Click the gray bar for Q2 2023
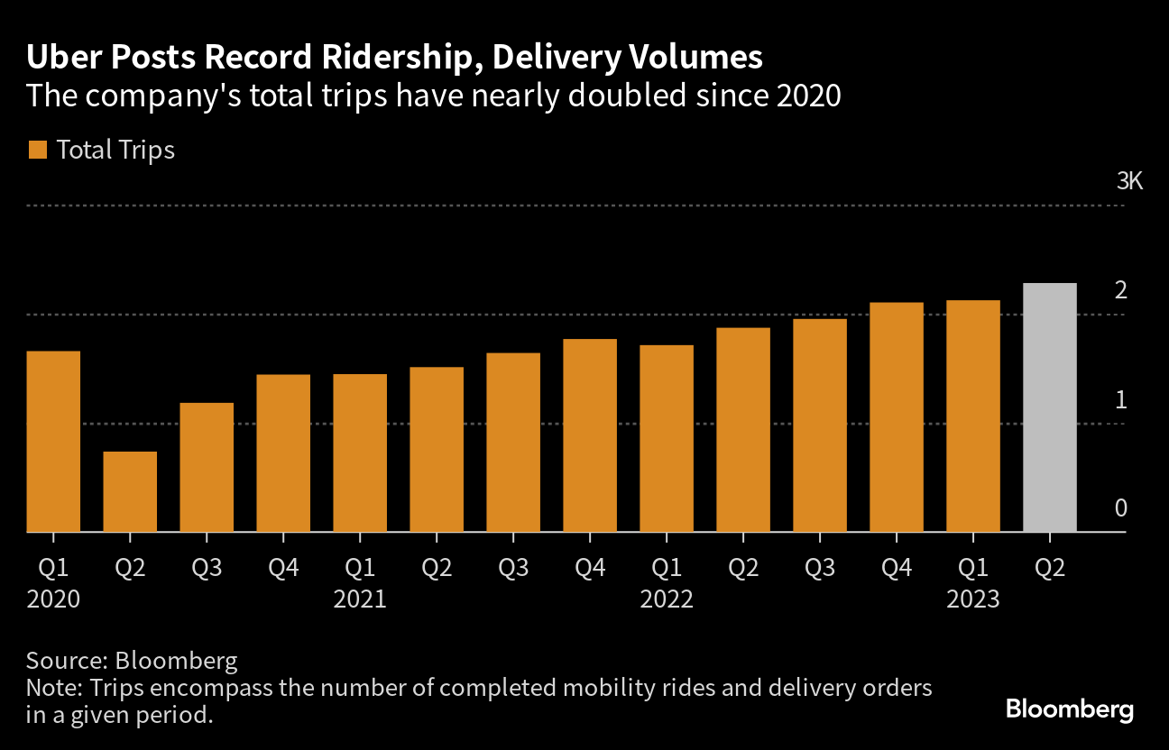click(1050, 407)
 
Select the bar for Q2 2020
click(130, 491)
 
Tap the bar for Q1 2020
click(53, 442)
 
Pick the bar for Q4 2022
click(897, 417)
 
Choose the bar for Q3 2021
click(513, 443)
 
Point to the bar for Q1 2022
click(667, 438)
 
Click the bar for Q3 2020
click(207, 467)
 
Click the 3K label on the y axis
click(1129, 181)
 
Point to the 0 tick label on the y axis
click(1121, 508)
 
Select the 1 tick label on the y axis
click(1121, 399)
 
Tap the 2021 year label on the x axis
click(360, 599)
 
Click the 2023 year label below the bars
click(972, 599)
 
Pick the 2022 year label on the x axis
click(667, 599)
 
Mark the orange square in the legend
click(37, 150)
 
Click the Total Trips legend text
click(115, 150)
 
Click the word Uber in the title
click(60, 58)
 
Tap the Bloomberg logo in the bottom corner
click(1070, 709)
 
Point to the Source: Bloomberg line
click(132, 661)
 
